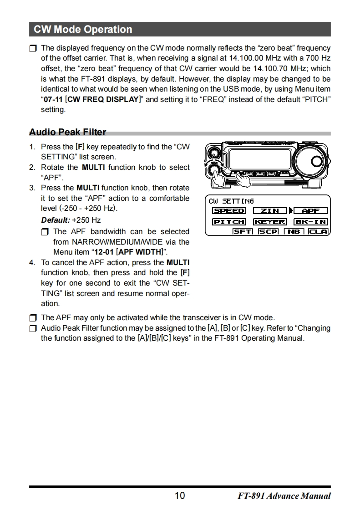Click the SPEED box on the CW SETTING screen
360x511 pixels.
[x=229, y=211]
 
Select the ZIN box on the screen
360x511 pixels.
[x=270, y=211]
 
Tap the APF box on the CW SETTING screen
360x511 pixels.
[x=311, y=211]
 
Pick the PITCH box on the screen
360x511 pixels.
[x=229, y=222]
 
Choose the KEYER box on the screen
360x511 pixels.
[x=270, y=222]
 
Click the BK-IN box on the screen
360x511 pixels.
[x=311, y=222]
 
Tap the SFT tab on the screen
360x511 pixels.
[x=242, y=231]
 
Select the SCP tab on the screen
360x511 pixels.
[x=268, y=231]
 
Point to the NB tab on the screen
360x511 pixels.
[x=294, y=231]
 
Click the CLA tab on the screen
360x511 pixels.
[x=318, y=231]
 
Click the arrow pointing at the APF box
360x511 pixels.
[x=290, y=211]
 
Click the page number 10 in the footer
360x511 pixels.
[x=180, y=496]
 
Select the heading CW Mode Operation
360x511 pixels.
[x=83, y=30]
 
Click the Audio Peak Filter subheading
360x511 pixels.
[x=67, y=133]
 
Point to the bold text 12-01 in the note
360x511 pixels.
[x=104, y=252]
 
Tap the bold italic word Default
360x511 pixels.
[x=55, y=220]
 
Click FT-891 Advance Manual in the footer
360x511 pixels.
[x=284, y=496]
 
